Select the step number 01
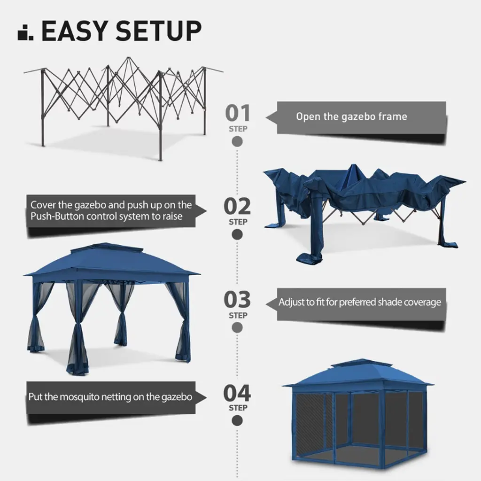click(238, 113)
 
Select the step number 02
click(237, 206)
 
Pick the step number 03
click(237, 299)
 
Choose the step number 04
click(237, 393)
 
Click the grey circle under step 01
click(237, 142)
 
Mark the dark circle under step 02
click(237, 235)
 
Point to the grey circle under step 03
click(237, 327)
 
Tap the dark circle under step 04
click(237, 420)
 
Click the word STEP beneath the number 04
click(238, 408)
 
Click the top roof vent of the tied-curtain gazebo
click(107, 247)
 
